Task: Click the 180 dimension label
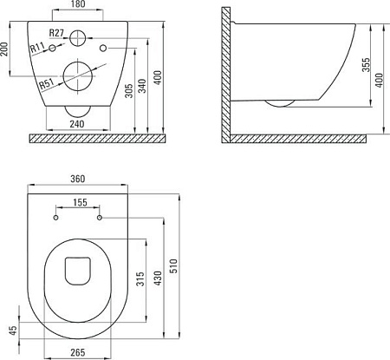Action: [78, 4]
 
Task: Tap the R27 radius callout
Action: [56, 33]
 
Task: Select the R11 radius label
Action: [37, 48]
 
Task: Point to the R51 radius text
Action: [47, 84]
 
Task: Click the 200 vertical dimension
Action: [4, 49]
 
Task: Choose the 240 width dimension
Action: [77, 124]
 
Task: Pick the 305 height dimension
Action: [130, 91]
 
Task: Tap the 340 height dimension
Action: [142, 86]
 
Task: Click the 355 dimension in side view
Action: [366, 65]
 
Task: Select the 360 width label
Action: [78, 179]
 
